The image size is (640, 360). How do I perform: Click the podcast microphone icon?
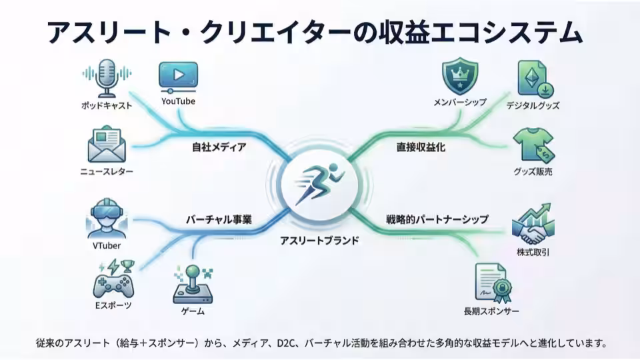point(107,78)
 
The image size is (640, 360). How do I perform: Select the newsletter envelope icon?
point(107,145)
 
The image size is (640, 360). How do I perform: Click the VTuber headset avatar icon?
point(107,218)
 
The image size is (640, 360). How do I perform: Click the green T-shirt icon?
point(533,146)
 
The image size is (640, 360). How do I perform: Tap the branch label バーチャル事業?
point(218,219)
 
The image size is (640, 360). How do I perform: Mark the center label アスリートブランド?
point(320,240)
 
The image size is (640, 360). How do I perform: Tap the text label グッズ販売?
point(533,172)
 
